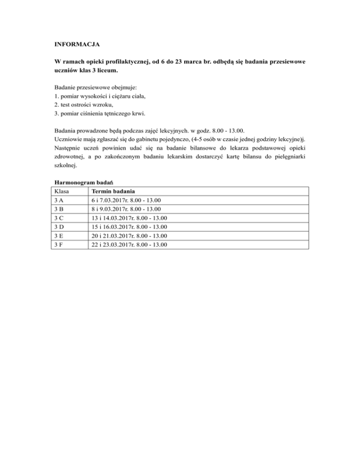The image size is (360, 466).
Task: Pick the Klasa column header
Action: point(63,192)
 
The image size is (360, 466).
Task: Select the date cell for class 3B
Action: point(127,209)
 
